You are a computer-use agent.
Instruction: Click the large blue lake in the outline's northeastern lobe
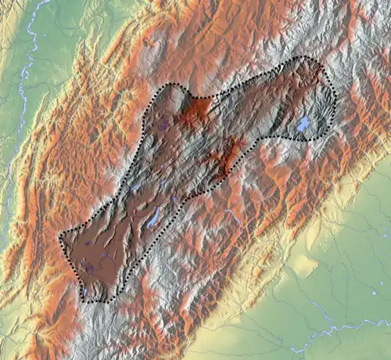pos(303,124)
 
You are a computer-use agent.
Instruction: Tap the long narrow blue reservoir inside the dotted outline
pos(154,217)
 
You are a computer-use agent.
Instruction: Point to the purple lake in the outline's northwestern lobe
pos(164,121)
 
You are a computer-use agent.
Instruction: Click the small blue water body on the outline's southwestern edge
pos(84,293)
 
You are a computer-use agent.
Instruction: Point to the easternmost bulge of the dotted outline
pos(336,98)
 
